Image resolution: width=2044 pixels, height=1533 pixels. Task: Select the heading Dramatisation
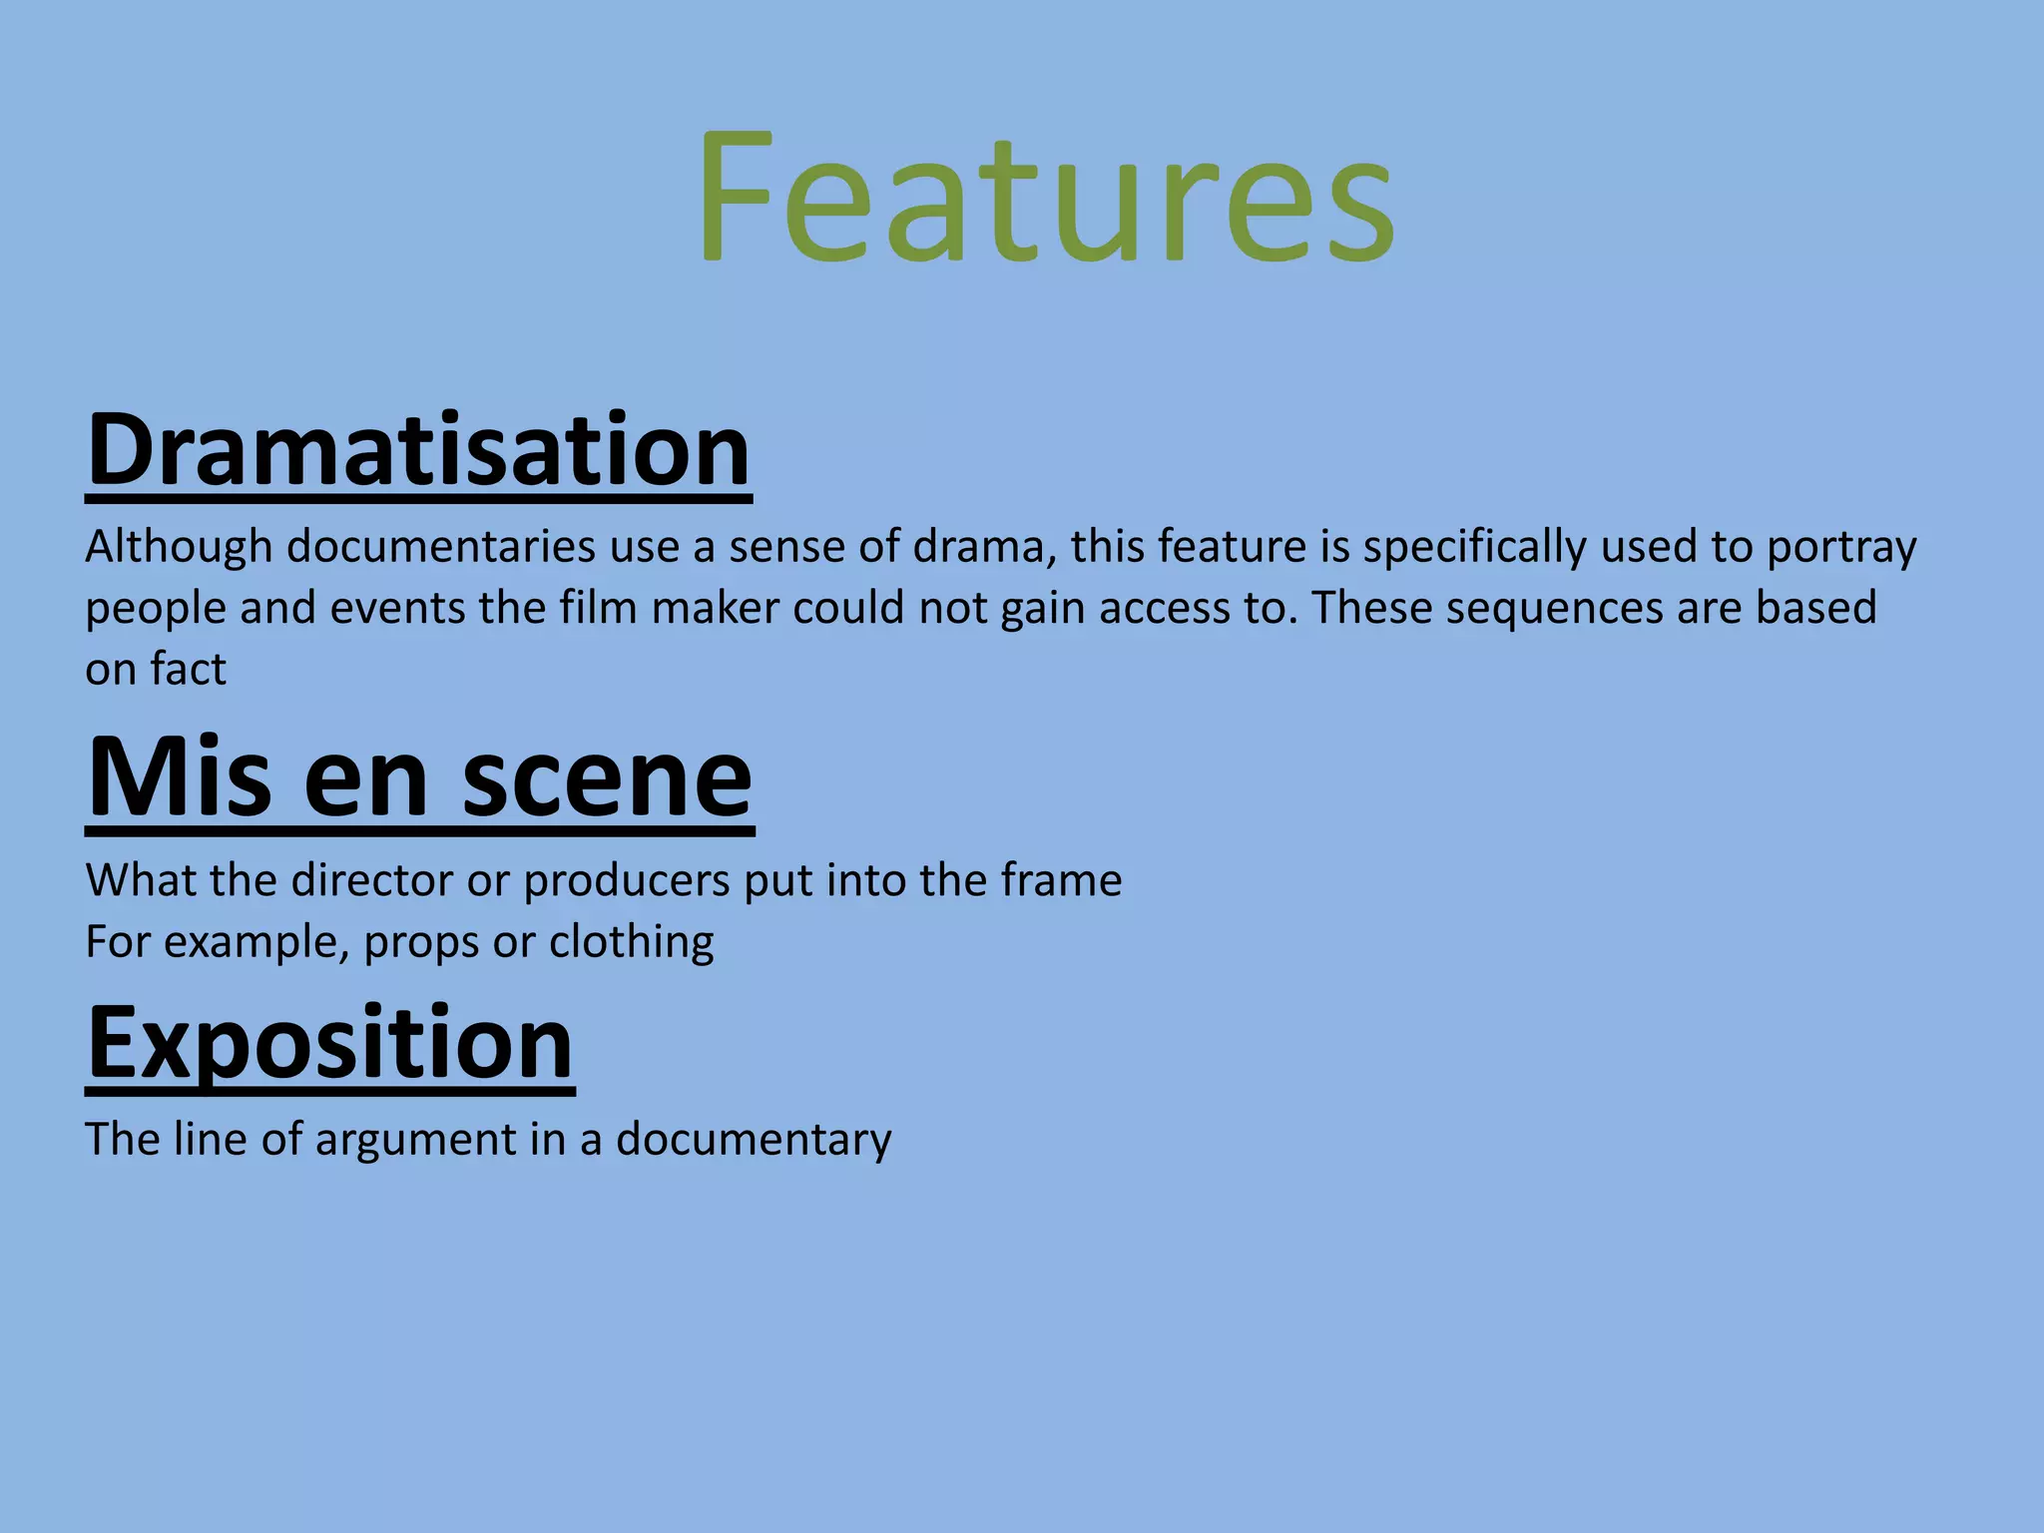pyautogui.click(x=418, y=450)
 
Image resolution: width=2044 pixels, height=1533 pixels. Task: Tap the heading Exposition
pyautogui.click(x=330, y=1043)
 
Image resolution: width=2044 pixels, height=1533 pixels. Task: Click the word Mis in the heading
pyautogui.click(x=179, y=777)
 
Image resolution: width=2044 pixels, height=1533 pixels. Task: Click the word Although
pyautogui.click(x=179, y=548)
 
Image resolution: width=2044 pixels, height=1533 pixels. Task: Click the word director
pyautogui.click(x=372, y=880)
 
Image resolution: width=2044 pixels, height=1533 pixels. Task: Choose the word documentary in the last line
pyautogui.click(x=754, y=1141)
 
